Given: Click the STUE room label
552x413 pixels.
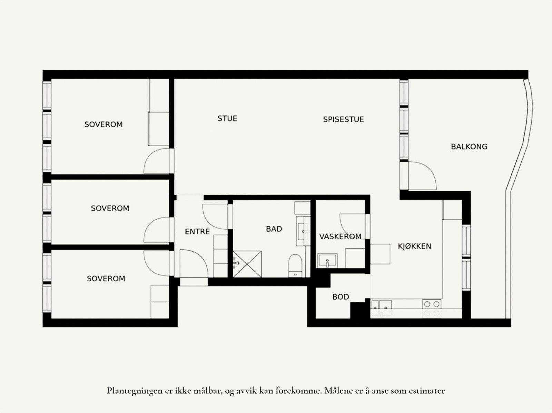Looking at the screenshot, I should [x=227, y=119].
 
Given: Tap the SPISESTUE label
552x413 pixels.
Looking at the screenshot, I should [x=343, y=120].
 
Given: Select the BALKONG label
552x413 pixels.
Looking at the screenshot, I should [x=469, y=147].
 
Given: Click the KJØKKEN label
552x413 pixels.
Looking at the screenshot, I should [x=414, y=246].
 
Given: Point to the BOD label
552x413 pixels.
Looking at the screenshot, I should [x=341, y=297].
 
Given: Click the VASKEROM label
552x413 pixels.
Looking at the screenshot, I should [x=340, y=236].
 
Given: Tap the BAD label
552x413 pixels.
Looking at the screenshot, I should [x=274, y=229].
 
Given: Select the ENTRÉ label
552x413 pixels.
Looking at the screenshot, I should [x=197, y=232].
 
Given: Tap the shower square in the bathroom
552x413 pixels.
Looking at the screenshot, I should [x=247, y=264].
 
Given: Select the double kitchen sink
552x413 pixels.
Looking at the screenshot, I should [x=382, y=305].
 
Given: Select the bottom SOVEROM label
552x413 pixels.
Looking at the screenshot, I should [x=106, y=279].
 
